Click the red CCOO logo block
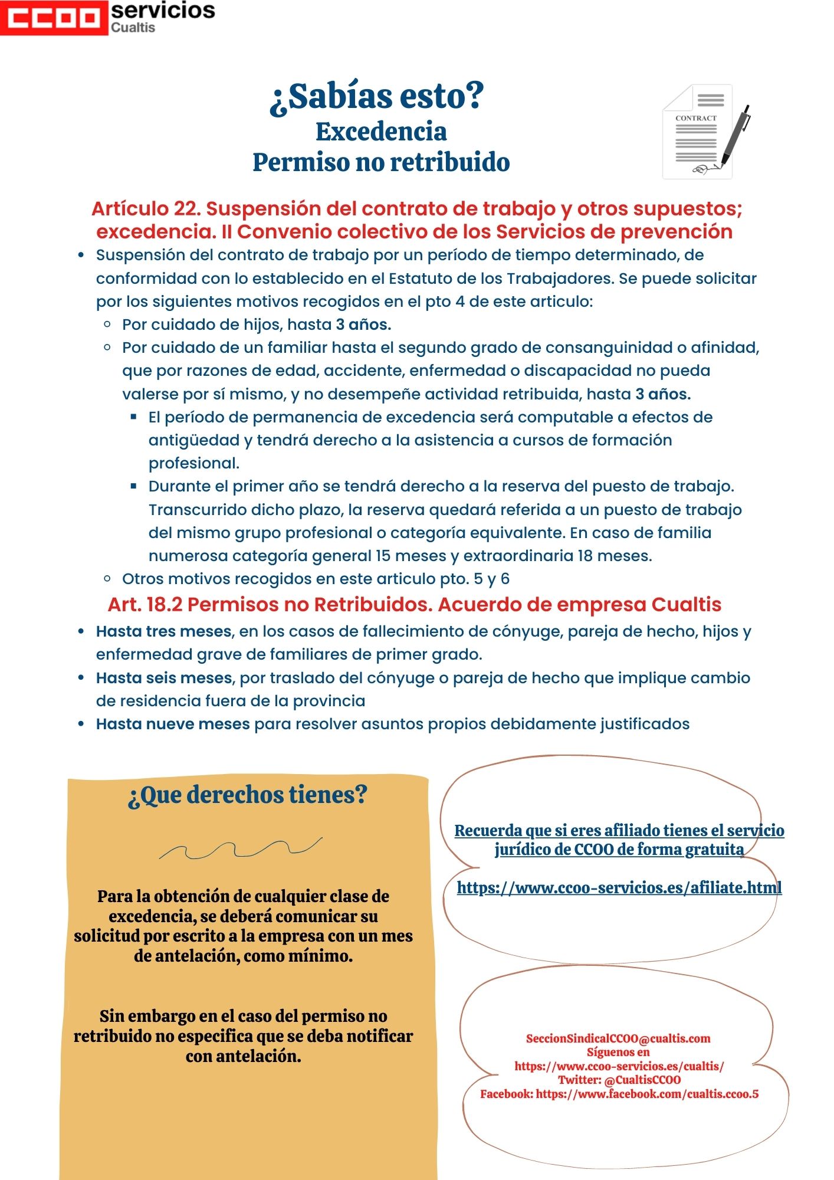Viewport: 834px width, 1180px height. [54, 18]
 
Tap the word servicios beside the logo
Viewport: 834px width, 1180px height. [163, 11]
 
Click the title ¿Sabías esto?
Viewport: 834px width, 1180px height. [377, 96]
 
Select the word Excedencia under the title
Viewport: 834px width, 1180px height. [381, 132]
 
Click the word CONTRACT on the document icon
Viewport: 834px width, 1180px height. [695, 118]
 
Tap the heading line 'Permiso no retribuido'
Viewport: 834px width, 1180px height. [381, 162]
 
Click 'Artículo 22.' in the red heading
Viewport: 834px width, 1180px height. [146, 209]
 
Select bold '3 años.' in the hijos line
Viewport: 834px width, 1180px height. [363, 324]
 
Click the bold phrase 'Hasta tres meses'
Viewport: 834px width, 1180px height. [163, 631]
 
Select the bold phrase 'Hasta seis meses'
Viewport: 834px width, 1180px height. [163, 678]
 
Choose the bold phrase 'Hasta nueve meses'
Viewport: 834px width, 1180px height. [172, 724]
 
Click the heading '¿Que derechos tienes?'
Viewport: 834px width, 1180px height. [248, 795]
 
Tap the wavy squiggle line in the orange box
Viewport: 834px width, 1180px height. [241, 848]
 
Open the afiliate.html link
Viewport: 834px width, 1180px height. [619, 887]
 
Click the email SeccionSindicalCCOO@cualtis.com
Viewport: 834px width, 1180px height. [618, 1038]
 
